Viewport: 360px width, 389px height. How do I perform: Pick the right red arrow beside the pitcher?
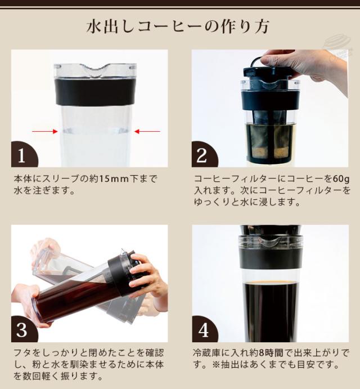pos(147,131)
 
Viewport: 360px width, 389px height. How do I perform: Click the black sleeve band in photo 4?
pos(269,257)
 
